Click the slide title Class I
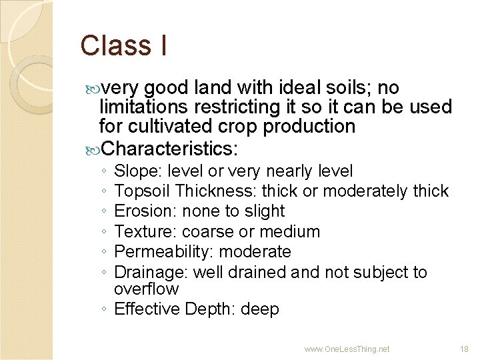(123, 45)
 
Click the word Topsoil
(141, 191)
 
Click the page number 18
(465, 349)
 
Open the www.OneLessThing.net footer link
(347, 349)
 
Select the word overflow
(147, 289)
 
